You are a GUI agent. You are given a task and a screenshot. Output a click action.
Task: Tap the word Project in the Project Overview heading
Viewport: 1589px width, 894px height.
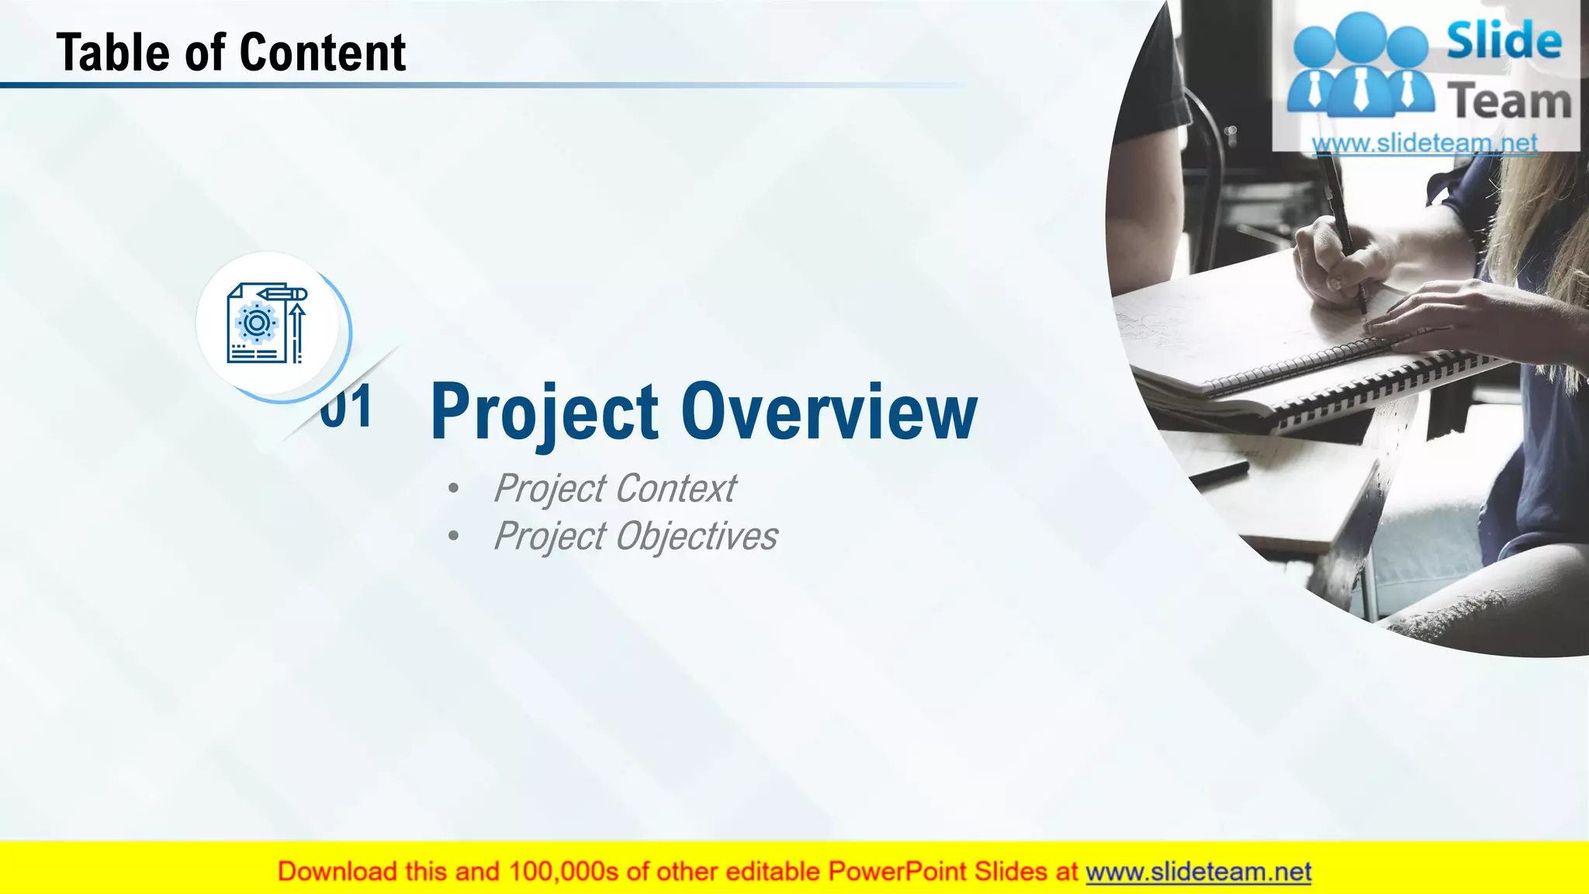point(545,413)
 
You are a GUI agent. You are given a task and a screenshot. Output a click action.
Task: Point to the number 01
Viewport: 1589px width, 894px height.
point(347,407)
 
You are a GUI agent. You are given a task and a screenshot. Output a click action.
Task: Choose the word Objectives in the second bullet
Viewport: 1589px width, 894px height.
point(697,536)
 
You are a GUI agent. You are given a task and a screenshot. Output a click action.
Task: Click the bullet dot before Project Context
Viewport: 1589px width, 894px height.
point(453,489)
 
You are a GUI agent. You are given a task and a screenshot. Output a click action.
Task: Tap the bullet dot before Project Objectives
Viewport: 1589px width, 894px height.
point(453,536)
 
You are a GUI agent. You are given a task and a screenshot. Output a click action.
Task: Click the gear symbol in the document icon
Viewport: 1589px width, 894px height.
point(256,322)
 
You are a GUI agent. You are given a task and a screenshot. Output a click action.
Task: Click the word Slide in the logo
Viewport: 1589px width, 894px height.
point(1504,40)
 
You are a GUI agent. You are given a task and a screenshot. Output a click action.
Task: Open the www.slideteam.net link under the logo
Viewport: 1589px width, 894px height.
point(1425,143)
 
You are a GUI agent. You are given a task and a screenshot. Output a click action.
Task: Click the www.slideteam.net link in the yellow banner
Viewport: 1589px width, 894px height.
point(1198,872)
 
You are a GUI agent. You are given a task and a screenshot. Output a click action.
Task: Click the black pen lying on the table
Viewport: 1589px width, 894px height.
point(1218,472)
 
